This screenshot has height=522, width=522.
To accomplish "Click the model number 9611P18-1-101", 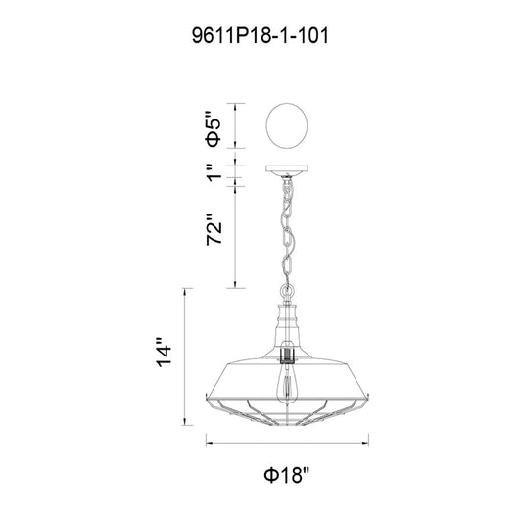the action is coord(260,35).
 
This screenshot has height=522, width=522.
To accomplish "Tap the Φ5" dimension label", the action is coord(214,128).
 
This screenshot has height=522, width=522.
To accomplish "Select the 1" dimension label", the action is coord(214,172).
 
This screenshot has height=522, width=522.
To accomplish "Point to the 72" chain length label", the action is coord(214,230).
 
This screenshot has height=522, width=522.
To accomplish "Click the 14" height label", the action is coord(164,353).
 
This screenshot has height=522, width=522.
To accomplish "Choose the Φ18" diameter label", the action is coord(287,475).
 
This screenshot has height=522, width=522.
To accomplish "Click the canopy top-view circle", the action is coord(287,125).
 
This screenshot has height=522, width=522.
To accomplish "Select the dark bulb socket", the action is coord(287,354).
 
